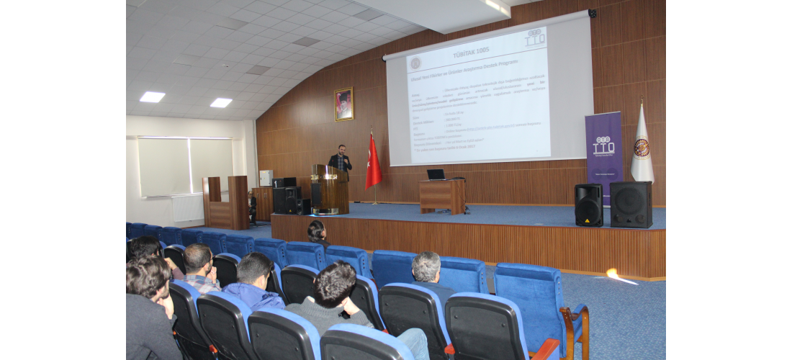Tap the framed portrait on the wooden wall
344,104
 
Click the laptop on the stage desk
436,175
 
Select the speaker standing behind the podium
341,160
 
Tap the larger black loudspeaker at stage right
631,204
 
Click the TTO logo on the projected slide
535,38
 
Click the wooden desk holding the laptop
441,196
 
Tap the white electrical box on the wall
266,178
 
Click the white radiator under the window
189,208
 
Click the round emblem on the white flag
642,148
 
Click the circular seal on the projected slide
415,63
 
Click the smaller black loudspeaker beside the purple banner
588,205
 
